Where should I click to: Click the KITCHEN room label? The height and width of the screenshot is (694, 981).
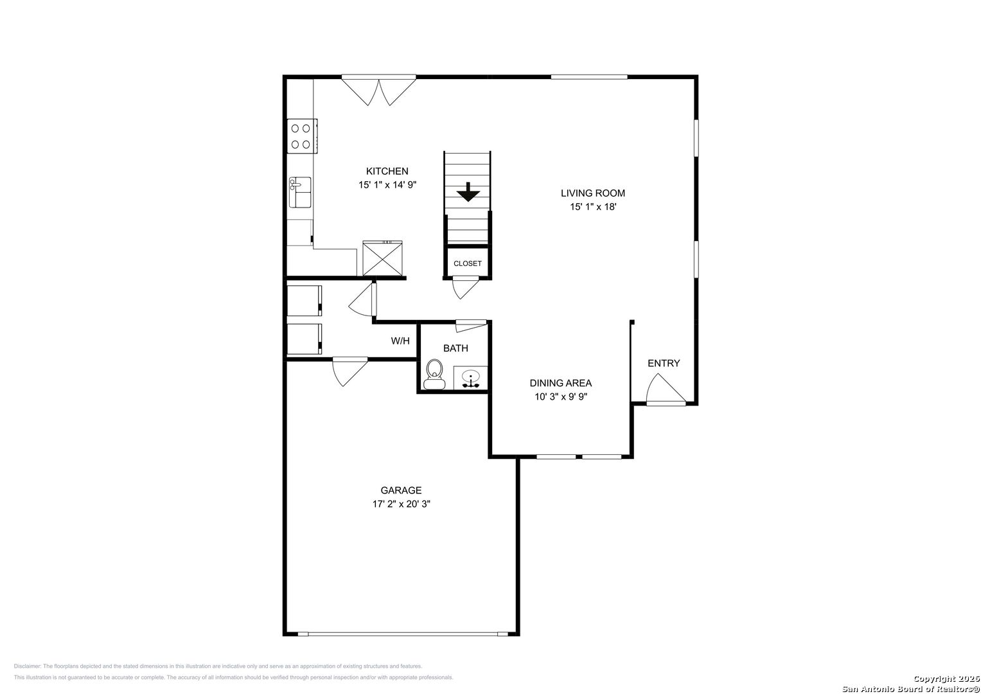387,172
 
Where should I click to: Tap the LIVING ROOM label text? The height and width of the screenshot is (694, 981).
593,193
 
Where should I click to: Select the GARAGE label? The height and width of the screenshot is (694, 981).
401,490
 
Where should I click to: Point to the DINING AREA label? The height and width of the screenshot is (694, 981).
561,384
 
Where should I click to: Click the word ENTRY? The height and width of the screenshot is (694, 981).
664,363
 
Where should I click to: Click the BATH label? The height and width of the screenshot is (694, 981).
455,348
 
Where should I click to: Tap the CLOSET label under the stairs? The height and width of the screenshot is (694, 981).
467,263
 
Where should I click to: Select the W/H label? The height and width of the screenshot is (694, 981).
400,341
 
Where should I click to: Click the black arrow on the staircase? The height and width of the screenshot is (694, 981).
468,192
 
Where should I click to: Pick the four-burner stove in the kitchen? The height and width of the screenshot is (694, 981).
302,136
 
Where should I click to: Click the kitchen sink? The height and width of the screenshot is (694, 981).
300,192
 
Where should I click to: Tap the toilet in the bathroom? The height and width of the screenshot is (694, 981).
434,375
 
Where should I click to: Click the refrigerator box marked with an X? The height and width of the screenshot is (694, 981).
382,258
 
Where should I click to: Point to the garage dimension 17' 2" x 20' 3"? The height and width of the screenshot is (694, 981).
401,504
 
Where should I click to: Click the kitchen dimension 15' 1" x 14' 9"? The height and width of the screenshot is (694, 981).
387,185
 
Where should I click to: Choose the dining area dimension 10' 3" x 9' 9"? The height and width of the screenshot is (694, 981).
561,397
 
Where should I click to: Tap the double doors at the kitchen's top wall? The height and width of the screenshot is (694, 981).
378,90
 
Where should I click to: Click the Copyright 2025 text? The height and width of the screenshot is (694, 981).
946,679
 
